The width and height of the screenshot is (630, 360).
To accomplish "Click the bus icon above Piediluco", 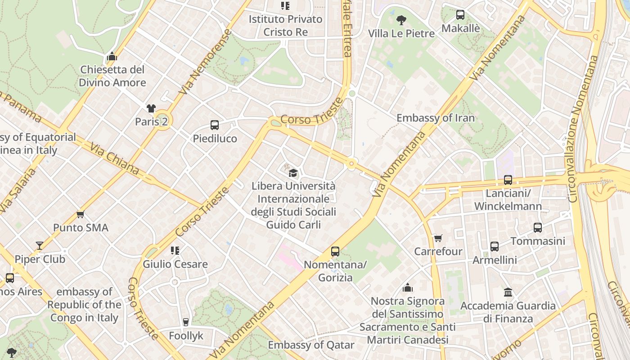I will pyautogui.click(x=215, y=125).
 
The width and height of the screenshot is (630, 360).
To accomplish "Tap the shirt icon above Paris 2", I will pyautogui.click(x=151, y=108).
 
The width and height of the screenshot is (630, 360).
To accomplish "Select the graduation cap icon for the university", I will pyautogui.click(x=293, y=172).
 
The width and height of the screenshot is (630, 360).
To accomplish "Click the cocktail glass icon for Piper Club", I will pyautogui.click(x=40, y=246).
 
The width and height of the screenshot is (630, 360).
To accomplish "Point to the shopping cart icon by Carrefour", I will pyautogui.click(x=437, y=238).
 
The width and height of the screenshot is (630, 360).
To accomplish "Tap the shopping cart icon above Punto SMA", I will pyautogui.click(x=81, y=214).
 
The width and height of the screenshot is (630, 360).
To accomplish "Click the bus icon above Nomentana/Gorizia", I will pyautogui.click(x=335, y=252).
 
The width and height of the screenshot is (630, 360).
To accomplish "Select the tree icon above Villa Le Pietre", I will pyautogui.click(x=401, y=20).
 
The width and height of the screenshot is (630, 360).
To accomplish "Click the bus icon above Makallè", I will pyautogui.click(x=460, y=15).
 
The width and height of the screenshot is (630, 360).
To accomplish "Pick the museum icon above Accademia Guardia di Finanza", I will pyautogui.click(x=508, y=292).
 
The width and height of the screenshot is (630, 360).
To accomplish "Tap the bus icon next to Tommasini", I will pyautogui.click(x=538, y=228).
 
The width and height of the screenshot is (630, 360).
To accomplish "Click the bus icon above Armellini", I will pyautogui.click(x=495, y=247).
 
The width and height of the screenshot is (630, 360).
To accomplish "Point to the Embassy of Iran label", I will pyautogui.click(x=435, y=118).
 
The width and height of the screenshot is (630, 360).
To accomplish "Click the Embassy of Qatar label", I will pyautogui.click(x=311, y=345).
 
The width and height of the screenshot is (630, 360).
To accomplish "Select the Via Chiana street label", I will pyautogui.click(x=114, y=159).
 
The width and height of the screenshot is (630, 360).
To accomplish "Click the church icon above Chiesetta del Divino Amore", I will pyautogui.click(x=112, y=56).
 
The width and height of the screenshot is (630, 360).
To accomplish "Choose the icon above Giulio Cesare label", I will pyautogui.click(x=175, y=251).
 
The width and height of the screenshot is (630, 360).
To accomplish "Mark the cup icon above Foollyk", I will pyautogui.click(x=186, y=322).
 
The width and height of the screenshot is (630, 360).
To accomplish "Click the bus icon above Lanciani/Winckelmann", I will pyautogui.click(x=508, y=180).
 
